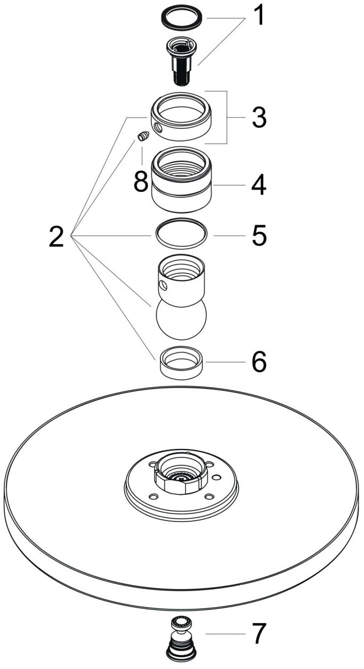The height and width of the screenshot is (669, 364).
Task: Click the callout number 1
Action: (258, 17)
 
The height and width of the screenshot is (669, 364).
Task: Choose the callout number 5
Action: (258, 235)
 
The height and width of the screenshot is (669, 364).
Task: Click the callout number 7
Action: (258, 634)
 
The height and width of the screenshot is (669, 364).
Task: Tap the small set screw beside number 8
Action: (143, 137)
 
